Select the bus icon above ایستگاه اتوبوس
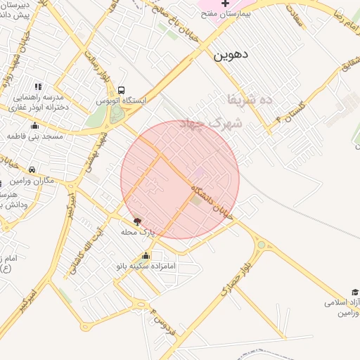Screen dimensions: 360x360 point(122,91)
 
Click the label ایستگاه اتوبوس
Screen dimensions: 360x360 point(122,101)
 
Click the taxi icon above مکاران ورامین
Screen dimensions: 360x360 point(32,169)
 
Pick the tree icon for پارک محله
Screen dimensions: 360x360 point(136,221)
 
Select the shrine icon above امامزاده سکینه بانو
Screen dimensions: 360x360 point(146,256)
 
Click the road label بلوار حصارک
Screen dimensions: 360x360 point(235,281)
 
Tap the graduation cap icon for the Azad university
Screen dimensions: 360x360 point(355,292)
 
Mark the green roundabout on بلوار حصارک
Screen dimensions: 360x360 point(262,245)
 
